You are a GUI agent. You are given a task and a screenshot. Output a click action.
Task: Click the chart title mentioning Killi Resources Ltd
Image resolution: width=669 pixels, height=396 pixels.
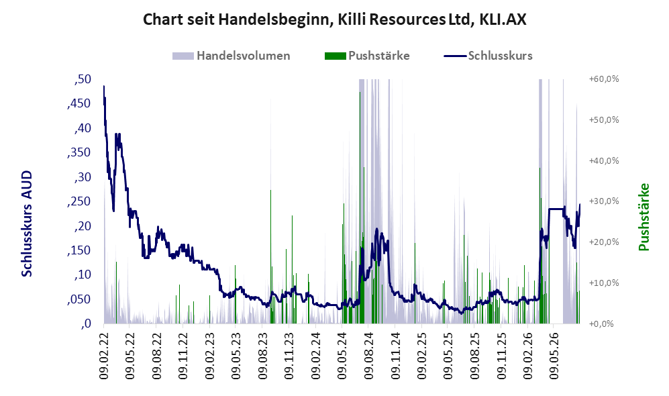coord(334,19)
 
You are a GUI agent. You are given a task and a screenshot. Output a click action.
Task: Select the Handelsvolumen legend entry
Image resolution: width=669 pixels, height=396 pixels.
coord(231,56)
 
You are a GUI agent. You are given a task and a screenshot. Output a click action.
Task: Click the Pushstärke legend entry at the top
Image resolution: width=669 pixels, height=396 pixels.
coord(367,56)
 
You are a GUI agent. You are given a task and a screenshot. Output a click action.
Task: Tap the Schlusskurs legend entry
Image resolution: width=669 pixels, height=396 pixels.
coord(488,56)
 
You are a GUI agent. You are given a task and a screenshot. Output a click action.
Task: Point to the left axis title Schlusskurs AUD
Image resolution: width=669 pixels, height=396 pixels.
coord(27,224)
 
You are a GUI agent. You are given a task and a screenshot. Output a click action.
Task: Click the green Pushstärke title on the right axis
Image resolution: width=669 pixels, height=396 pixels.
coord(644,217)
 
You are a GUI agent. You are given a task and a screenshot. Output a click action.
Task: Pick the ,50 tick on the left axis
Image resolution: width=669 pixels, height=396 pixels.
coord(83,79)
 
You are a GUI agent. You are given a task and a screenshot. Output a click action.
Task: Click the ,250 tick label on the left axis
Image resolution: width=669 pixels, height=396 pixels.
coord(79,201)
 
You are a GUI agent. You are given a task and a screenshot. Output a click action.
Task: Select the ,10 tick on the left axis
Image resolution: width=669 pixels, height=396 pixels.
coord(83,275)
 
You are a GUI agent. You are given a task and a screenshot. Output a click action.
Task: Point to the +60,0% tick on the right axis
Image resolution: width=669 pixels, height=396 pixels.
coord(604,79)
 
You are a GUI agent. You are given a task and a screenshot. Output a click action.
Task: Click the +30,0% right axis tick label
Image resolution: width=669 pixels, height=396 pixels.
coord(604,201)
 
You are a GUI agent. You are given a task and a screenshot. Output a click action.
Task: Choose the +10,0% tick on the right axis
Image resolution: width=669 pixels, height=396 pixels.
coord(604,283)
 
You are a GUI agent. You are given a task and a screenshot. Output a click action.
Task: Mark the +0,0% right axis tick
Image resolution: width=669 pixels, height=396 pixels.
coord(601,324)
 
